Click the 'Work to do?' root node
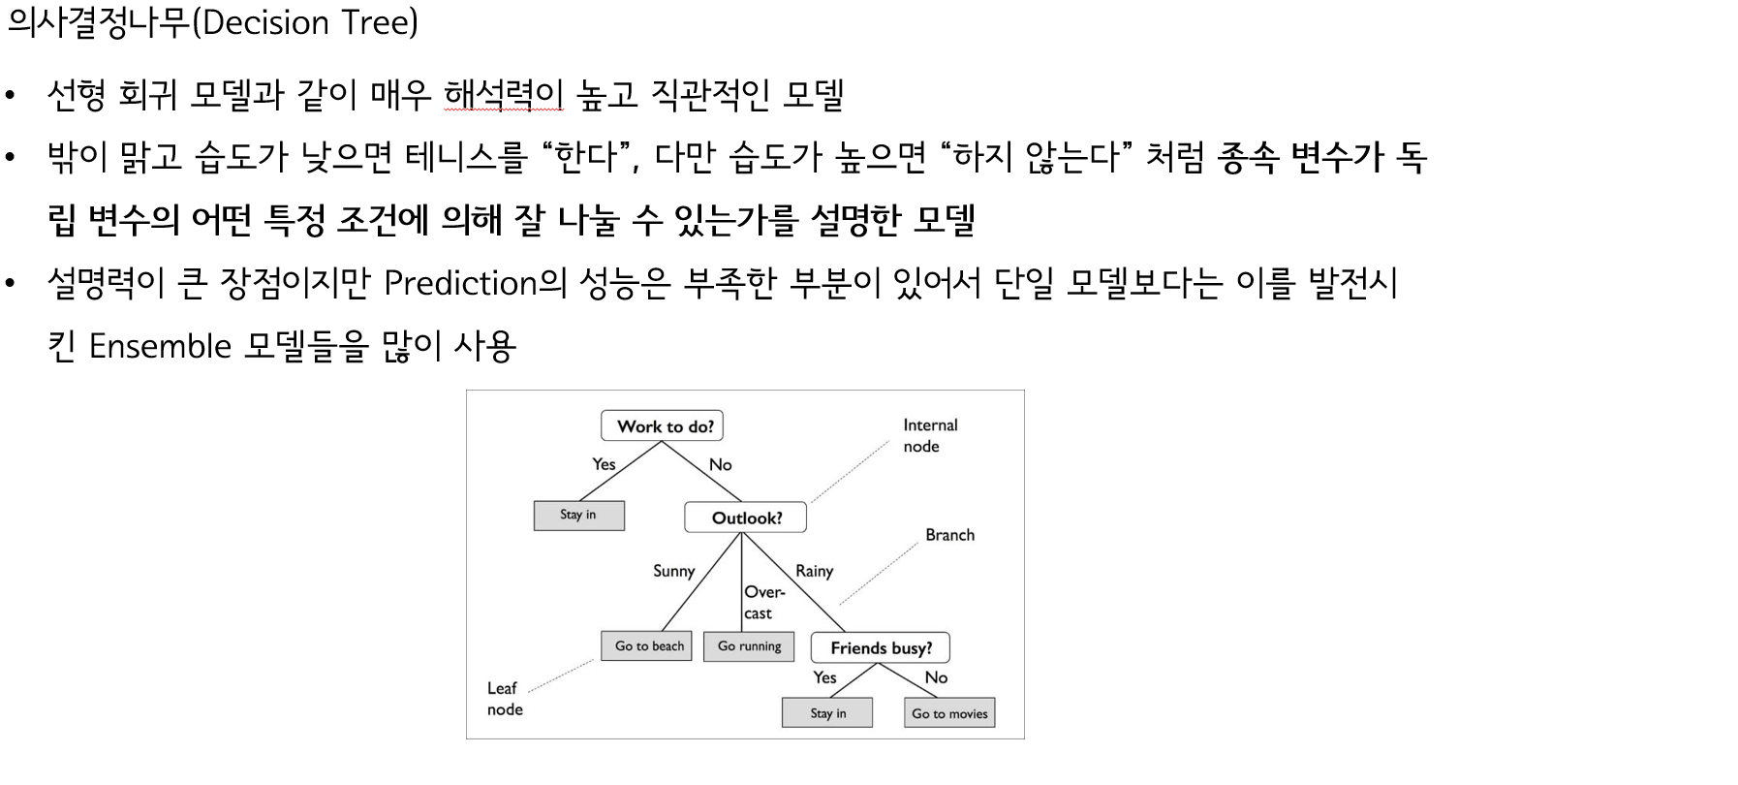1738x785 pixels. tap(664, 426)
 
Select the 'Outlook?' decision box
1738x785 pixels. tap(745, 518)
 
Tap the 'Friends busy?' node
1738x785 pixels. tap(881, 647)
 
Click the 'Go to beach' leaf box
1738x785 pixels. tap(647, 645)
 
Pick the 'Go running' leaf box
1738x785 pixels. tap(749, 645)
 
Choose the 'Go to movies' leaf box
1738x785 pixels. tap(949, 713)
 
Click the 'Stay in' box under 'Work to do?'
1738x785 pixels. tap(578, 515)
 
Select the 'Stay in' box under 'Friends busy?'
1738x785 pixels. tap(827, 713)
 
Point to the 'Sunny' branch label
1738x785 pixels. tap(673, 571)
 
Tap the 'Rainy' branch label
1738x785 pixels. tap(814, 571)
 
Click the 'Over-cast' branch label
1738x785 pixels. tap(763, 602)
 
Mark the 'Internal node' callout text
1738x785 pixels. tap(930, 435)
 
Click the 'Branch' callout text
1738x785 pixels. tap(949, 535)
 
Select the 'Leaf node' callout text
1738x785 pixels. tap(505, 699)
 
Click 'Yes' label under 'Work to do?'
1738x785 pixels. tap(604, 464)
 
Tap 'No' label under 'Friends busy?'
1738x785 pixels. tap(936, 677)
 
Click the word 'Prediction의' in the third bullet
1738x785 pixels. tap(475, 283)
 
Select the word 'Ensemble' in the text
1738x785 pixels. tap(160, 346)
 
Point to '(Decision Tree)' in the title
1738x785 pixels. tap(305, 23)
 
